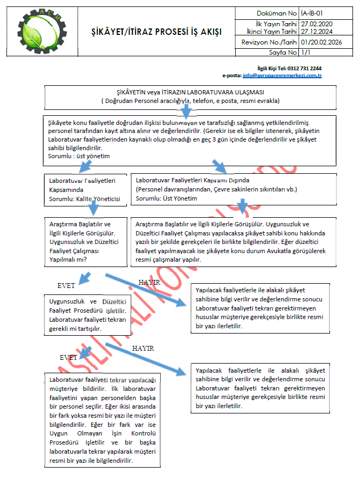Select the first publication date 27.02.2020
(x=317, y=24)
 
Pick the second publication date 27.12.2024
(x=317, y=32)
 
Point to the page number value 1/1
(x=306, y=53)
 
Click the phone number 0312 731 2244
(x=304, y=69)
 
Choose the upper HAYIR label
(x=150, y=283)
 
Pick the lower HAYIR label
(x=144, y=349)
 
